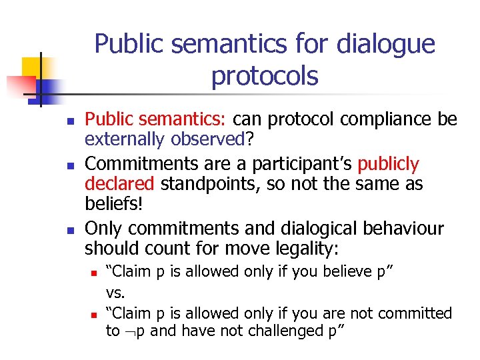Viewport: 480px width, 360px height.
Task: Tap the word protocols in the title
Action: tap(265, 76)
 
